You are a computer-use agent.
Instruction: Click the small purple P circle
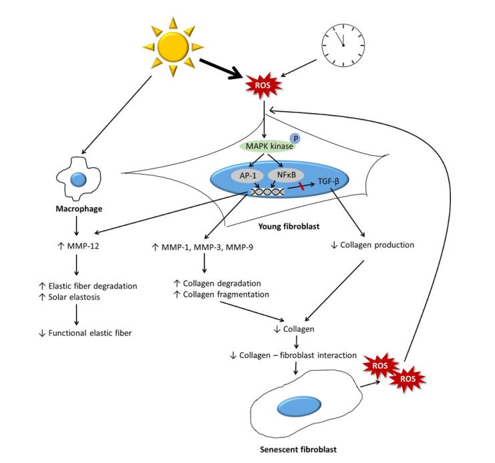click(296, 138)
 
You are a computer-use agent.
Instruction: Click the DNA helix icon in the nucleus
click(265, 192)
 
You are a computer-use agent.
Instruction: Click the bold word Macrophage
click(78, 209)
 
